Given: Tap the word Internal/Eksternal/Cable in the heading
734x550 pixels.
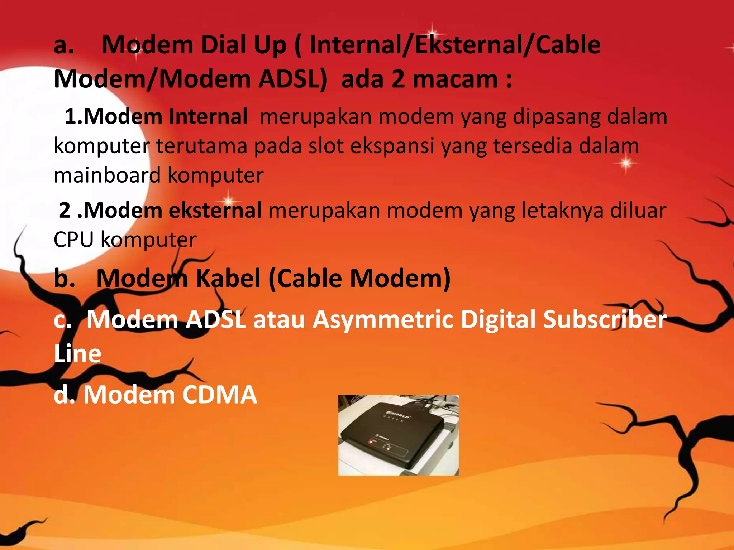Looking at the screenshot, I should [455, 45].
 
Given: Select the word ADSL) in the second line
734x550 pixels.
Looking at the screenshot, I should [293, 79].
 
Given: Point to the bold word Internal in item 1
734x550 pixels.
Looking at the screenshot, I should [208, 117].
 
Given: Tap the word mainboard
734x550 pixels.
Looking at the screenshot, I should [107, 175].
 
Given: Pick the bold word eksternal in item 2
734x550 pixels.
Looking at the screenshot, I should [215, 210].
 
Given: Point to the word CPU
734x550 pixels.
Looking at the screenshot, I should [73, 240].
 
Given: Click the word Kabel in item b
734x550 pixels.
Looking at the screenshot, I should [228, 278].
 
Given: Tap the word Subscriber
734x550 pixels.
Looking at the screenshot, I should [605, 319].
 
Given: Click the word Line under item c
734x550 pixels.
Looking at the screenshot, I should [77, 353].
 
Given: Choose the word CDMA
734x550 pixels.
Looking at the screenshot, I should [219, 395].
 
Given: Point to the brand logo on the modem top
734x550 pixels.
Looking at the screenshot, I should [398, 415].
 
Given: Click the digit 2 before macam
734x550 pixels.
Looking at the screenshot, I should [398, 79].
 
